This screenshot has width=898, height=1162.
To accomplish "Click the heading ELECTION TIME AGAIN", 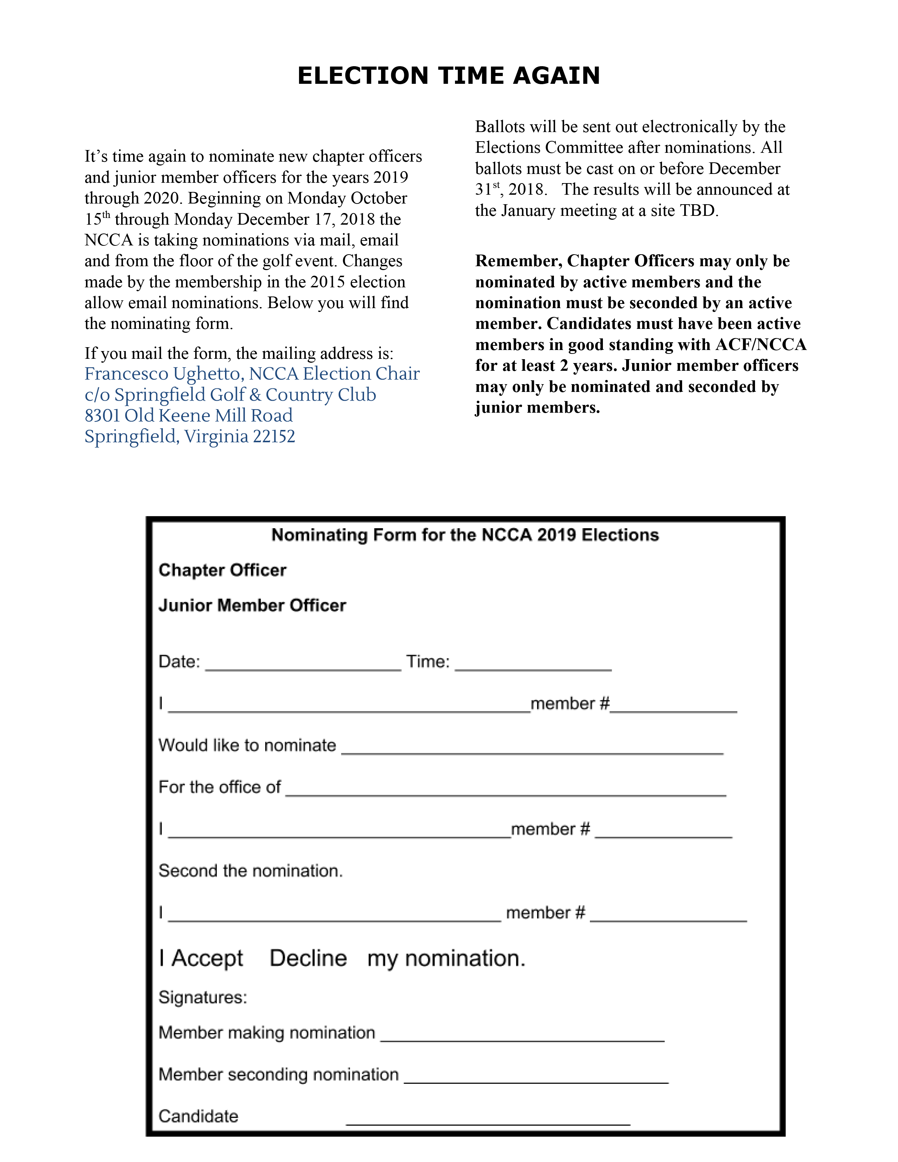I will (x=448, y=76).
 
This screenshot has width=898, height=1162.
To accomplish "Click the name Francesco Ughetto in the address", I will (x=163, y=374).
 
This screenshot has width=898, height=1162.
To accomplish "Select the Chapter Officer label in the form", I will (x=222, y=570).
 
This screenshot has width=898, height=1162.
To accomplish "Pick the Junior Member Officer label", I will (x=252, y=606).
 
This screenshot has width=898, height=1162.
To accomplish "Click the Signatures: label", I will (x=203, y=997).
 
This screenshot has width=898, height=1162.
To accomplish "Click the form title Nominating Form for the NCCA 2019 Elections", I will (x=465, y=535).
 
